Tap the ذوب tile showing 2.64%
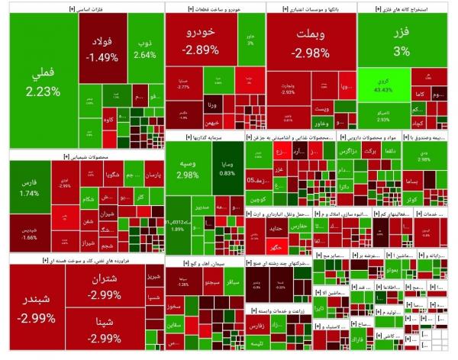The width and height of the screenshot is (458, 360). pos(144,47)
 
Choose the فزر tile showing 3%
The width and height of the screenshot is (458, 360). pos(402,40)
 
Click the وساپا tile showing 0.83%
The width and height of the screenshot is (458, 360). pos(227,168)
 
